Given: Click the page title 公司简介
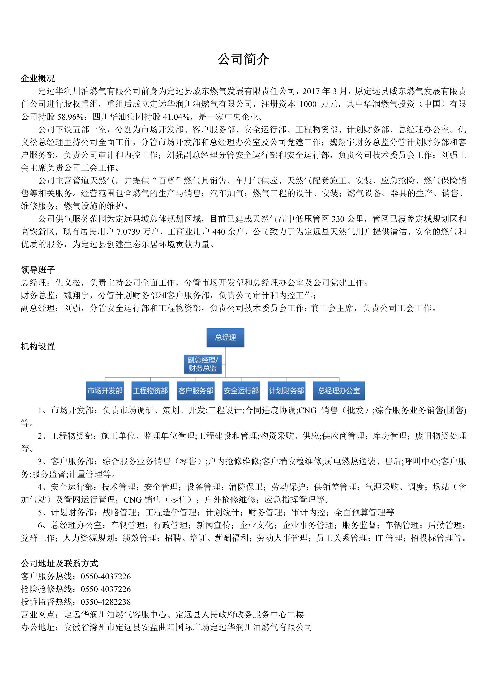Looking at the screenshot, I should tap(243, 60).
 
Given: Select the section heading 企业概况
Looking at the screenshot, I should tap(38, 78).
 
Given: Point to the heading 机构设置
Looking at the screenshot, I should tap(38, 347).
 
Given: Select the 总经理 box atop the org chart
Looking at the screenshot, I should tap(225, 338).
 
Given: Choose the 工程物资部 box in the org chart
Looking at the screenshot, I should tap(150, 391).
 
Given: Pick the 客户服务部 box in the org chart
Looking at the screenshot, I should tap(196, 391).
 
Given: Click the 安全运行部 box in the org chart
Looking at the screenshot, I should tap(241, 391).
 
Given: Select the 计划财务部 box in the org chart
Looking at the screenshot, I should tap(287, 391).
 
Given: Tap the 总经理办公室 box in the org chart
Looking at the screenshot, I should tap(339, 391).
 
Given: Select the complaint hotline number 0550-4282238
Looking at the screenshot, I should tap(106, 602).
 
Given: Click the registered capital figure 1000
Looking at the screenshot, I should tap(308, 104).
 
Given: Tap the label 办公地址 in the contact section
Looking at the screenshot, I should tap(38, 628).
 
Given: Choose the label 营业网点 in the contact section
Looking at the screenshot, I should tap(38, 615).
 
